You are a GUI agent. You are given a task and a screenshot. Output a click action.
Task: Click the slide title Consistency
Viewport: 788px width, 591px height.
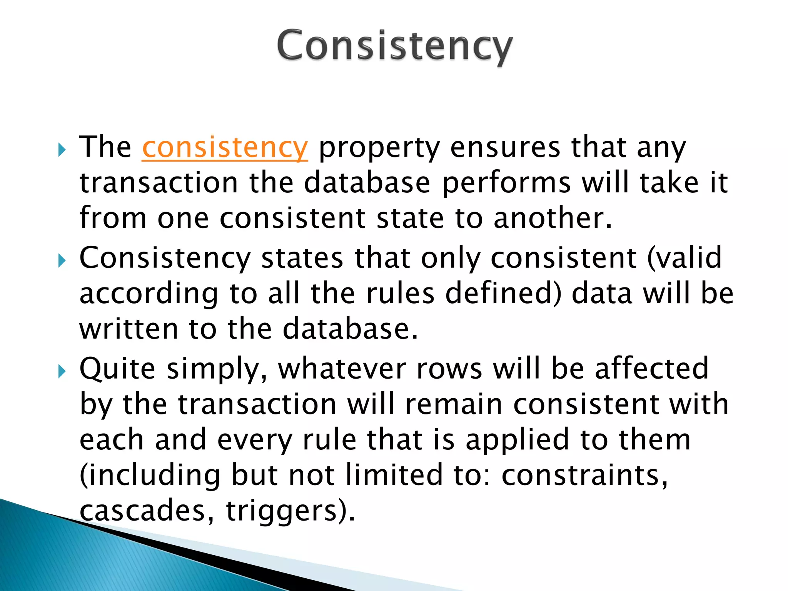click(394, 46)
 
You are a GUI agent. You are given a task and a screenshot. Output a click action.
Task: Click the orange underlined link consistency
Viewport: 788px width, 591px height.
click(225, 147)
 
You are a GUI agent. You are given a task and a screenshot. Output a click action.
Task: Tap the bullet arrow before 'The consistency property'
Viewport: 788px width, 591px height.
click(62, 150)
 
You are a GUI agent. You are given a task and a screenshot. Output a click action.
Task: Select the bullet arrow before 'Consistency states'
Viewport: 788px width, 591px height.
click(62, 261)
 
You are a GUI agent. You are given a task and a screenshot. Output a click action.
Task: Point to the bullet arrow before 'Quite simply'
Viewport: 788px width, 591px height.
click(62, 372)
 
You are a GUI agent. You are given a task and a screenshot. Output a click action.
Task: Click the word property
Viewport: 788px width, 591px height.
click(379, 148)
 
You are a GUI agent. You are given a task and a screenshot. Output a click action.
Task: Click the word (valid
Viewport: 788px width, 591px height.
click(684, 258)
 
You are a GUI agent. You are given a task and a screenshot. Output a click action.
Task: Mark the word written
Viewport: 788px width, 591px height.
click(129, 329)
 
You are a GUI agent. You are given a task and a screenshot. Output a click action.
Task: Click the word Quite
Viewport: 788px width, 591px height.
click(117, 369)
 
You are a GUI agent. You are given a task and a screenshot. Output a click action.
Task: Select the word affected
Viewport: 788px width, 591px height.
click(651, 369)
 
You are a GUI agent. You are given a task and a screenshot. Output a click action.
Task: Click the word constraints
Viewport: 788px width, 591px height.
click(584, 476)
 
